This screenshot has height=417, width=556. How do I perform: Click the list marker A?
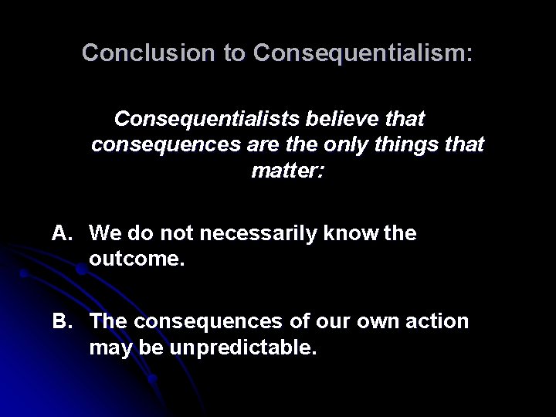point(63,233)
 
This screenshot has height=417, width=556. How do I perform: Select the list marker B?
point(63,320)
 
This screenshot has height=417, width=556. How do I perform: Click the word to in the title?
point(232,53)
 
